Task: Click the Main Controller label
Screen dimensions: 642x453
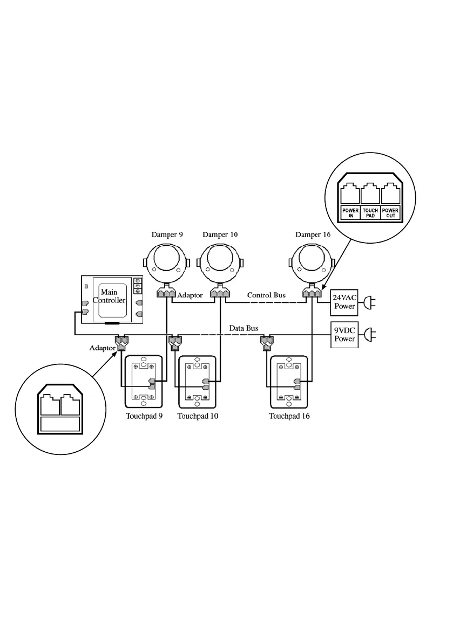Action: point(109,296)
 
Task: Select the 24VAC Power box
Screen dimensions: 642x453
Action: point(344,302)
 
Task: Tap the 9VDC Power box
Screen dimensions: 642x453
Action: point(344,335)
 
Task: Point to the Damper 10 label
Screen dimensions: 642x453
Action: point(220,234)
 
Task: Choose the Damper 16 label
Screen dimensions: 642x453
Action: point(313,234)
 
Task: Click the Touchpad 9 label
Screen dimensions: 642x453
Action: point(144,416)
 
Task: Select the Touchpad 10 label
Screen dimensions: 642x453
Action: point(198,416)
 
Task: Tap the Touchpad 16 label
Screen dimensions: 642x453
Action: point(289,416)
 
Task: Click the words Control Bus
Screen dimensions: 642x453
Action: point(266,295)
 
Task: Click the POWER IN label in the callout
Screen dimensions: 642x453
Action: point(350,212)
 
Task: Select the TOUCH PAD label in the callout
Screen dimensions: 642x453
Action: point(370,212)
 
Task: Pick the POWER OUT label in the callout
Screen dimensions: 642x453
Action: point(390,212)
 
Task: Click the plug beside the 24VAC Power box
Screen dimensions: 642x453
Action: point(369,302)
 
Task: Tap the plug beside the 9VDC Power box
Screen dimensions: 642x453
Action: point(369,335)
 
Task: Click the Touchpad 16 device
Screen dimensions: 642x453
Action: point(290,382)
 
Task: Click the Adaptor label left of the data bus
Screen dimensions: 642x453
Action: point(102,348)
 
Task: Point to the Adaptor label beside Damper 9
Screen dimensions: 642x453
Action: point(190,295)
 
